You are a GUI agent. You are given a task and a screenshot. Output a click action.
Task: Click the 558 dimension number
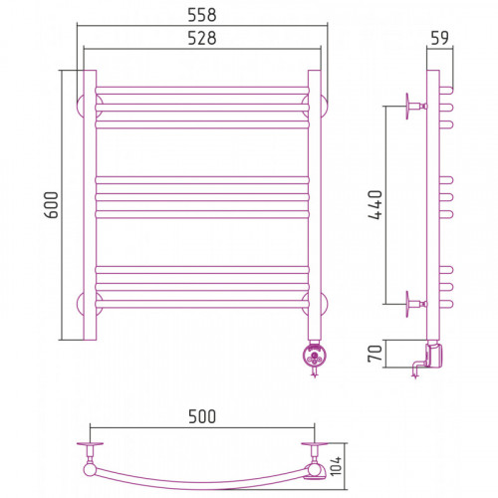[x=202, y=15]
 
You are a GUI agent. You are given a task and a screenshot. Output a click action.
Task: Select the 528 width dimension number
[x=202, y=38]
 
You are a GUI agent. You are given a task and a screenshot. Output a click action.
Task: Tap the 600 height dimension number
[x=52, y=205]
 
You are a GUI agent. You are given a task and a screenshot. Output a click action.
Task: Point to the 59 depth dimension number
[x=439, y=38]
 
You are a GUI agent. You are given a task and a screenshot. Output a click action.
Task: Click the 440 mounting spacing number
[x=375, y=205]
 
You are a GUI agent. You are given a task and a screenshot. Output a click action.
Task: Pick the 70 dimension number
[x=375, y=354]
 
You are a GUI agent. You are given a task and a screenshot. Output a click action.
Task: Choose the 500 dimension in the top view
[x=202, y=416]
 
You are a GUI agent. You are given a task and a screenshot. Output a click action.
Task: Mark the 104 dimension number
[x=336, y=466]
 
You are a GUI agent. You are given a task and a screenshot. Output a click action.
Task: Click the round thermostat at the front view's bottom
[x=314, y=357]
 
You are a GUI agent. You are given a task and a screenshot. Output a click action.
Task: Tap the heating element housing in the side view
[x=434, y=356]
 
